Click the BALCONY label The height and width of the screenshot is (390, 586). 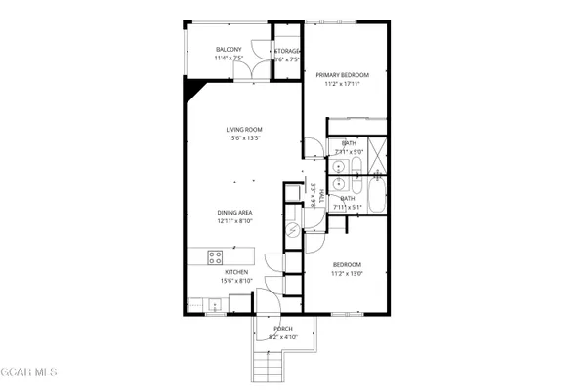(229, 50)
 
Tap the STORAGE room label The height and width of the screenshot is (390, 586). (286, 50)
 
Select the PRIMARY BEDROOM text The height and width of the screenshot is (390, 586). (342, 75)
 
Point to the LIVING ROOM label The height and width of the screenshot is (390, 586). (244, 129)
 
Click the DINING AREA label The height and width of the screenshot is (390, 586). (236, 212)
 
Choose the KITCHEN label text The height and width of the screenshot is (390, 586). (236, 272)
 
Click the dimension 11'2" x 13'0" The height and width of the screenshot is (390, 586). (347, 274)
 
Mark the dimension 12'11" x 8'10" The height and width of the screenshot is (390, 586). (236, 220)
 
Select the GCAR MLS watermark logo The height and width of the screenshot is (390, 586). (29, 372)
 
